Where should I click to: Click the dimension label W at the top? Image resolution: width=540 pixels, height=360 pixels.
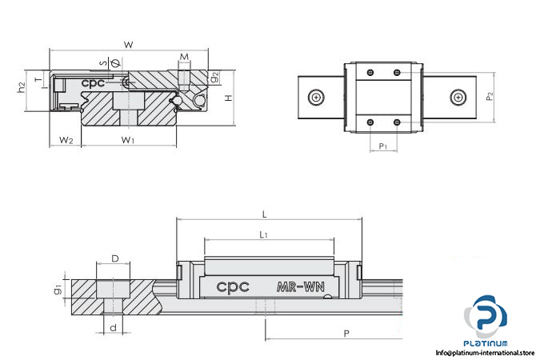point(128,44)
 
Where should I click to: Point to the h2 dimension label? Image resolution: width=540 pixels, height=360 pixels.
point(22,88)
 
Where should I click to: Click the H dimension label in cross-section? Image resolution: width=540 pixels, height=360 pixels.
point(230,98)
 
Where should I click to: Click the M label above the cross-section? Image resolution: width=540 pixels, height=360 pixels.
point(184,58)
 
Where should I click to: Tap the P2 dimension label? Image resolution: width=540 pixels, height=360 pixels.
point(490,96)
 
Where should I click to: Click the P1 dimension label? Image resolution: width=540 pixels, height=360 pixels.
point(383,146)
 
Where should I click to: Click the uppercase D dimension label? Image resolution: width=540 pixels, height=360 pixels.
point(114,258)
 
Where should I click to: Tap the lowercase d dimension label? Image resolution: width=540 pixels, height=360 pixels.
point(114,326)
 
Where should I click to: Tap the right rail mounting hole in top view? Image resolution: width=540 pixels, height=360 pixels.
point(458,97)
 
